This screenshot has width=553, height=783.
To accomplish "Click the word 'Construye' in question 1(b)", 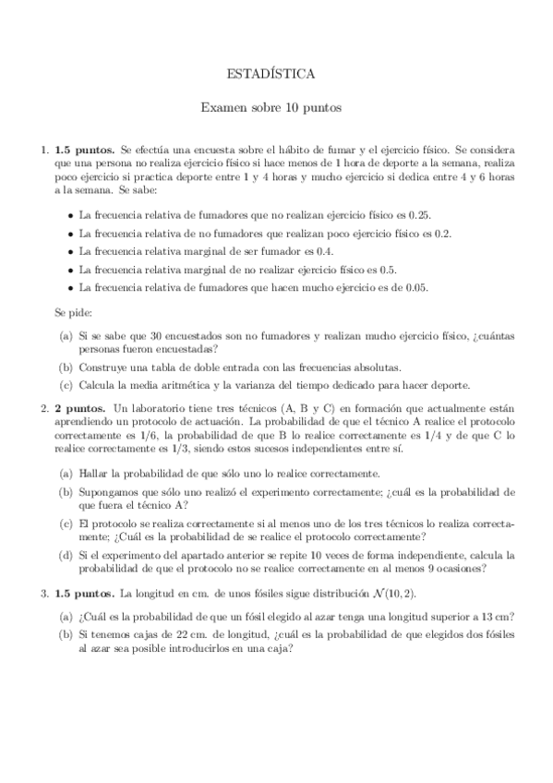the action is (102, 367).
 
